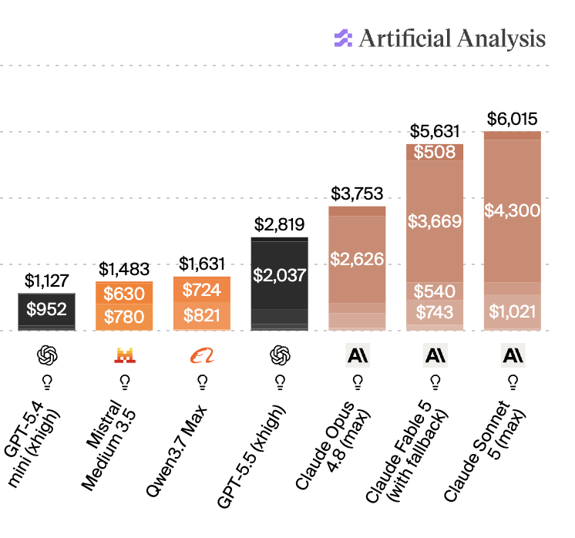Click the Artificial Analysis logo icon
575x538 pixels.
coord(343,38)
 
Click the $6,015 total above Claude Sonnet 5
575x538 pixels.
coord(512,119)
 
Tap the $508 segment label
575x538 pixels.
coord(435,152)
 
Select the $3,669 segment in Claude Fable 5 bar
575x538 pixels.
coord(435,221)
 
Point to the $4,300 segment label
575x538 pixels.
coord(513,210)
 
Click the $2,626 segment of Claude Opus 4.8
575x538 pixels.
coord(357,259)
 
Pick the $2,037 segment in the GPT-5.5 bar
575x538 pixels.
coord(280,275)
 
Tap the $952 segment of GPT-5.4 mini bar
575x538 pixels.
coord(46,309)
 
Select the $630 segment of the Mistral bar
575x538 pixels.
coord(124,294)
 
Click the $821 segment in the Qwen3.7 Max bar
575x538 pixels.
coord(202,316)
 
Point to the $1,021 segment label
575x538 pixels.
coord(513,311)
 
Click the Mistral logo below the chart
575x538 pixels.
coord(125,355)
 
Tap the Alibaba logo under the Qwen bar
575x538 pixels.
coord(202,356)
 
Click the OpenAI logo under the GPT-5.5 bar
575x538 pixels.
coord(280,355)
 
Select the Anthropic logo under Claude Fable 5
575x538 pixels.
coord(435,355)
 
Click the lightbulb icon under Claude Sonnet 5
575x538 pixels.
coord(513,382)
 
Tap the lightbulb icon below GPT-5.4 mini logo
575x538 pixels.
coord(47,382)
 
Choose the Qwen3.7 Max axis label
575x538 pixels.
coord(177,451)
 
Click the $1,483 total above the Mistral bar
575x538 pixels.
coord(124,269)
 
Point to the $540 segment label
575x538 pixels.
coord(435,291)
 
